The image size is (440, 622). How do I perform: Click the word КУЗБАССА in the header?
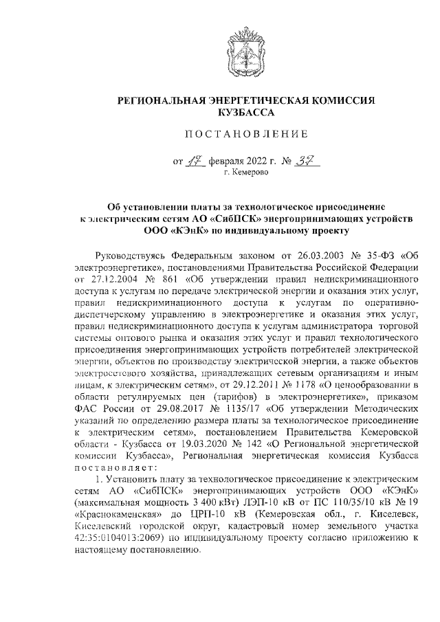tap(247, 111)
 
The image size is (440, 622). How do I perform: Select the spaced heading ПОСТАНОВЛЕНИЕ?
tap(247, 133)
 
